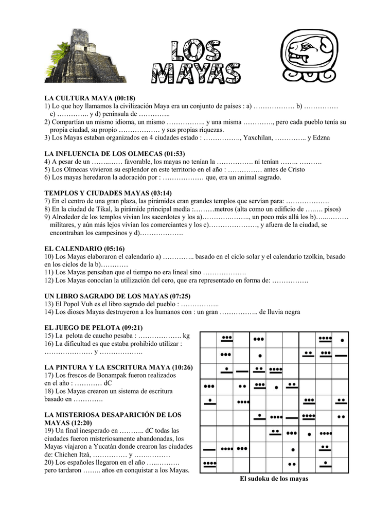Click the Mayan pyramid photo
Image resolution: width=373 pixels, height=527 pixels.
[85, 57]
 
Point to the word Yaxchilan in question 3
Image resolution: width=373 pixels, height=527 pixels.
[258, 138]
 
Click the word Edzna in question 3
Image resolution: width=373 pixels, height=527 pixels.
[320, 138]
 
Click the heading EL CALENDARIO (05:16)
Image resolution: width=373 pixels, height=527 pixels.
[85, 248]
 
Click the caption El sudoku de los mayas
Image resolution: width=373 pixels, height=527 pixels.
[274, 479]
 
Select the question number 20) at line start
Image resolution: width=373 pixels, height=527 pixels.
[50, 463]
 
